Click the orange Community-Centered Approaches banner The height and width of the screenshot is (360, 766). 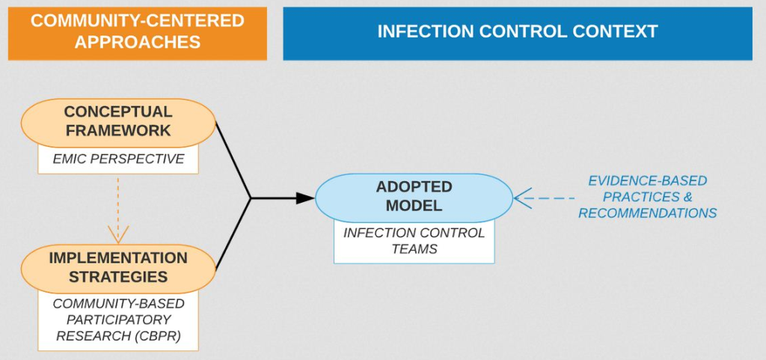(x=138, y=33)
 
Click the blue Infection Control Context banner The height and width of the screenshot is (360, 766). (x=518, y=33)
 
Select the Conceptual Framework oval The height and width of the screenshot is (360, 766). (x=118, y=123)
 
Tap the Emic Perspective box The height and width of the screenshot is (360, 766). (x=118, y=159)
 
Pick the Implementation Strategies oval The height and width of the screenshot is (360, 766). (x=118, y=268)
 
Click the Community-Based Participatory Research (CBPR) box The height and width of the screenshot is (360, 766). (x=118, y=320)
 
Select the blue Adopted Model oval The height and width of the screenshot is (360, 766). (x=414, y=198)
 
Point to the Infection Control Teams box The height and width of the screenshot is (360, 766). (x=414, y=241)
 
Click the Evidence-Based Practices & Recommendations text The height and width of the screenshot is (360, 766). (x=648, y=197)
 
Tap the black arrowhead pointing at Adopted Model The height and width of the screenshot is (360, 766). (x=305, y=198)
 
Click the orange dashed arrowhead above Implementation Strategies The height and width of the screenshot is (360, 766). (x=118, y=234)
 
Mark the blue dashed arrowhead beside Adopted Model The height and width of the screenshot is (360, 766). (x=523, y=198)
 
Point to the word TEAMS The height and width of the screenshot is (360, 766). (x=414, y=248)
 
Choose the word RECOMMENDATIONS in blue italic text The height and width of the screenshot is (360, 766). (x=648, y=213)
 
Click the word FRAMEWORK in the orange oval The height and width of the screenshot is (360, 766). (x=118, y=131)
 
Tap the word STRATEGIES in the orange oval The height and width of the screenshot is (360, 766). (x=118, y=277)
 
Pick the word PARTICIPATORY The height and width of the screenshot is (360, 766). (x=112, y=320)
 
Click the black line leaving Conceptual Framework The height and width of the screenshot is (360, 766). (x=233, y=160)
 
